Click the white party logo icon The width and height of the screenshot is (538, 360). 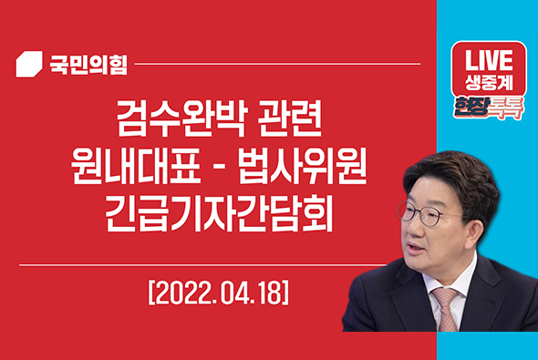tap(30, 65)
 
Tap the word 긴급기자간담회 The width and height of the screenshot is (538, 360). tap(219, 218)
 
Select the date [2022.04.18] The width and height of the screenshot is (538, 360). tap(220, 295)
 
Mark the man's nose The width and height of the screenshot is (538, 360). tap(412, 230)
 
